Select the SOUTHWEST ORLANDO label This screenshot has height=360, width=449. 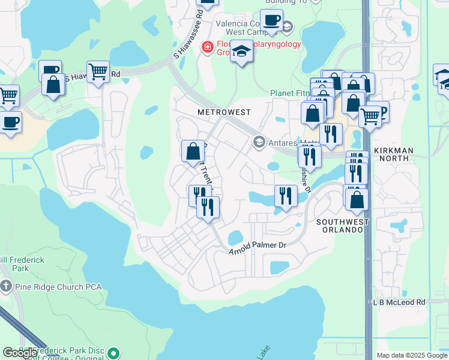click(343, 226)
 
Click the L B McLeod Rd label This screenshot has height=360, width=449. click(399, 302)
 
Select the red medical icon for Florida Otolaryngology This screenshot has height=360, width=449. click(207, 47)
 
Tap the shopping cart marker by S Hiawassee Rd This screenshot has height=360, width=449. click(98, 73)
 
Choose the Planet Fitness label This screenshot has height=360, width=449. click(290, 93)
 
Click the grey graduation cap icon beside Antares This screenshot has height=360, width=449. click(259, 142)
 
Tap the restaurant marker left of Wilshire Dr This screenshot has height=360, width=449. click(286, 196)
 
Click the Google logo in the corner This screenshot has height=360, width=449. click(19, 353)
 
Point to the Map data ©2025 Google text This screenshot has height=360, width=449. click(411, 355)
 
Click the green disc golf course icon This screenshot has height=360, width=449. click(115, 353)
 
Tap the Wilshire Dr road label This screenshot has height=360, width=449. click(306, 179)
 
